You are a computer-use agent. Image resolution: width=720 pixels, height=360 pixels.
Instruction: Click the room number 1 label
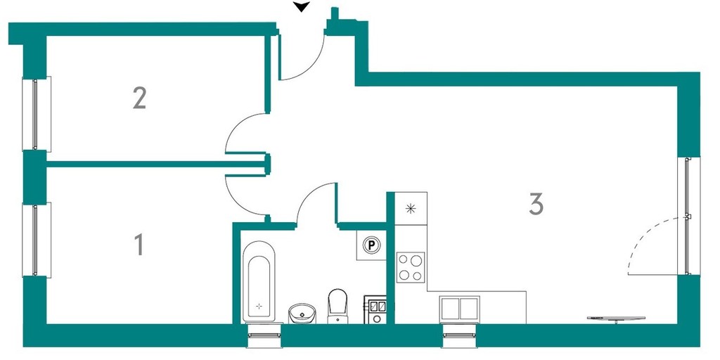pyautogui.click(x=139, y=244)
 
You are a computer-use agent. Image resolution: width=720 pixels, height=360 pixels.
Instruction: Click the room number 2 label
pyautogui.click(x=139, y=98)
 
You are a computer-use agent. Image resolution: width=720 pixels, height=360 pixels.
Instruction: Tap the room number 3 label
pyautogui.click(x=536, y=204)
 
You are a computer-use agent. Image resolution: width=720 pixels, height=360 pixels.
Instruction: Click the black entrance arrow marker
pyautogui.click(x=302, y=7)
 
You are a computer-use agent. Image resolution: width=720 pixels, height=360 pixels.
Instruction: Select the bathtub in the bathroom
pyautogui.click(x=259, y=281)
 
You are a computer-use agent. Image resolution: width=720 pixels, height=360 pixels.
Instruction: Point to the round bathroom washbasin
pyautogui.click(x=302, y=313)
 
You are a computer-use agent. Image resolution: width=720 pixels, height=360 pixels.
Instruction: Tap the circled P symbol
pyautogui.click(x=371, y=245)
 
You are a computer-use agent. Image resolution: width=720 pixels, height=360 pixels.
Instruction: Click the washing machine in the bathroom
pyautogui.click(x=376, y=310)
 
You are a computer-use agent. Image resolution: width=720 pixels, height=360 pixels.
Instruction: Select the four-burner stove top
pyautogui.click(x=411, y=267)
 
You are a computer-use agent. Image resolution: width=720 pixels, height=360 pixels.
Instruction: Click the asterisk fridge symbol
pyautogui.click(x=411, y=208)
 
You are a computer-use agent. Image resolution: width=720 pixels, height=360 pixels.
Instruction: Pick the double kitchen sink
pyautogui.click(x=459, y=309)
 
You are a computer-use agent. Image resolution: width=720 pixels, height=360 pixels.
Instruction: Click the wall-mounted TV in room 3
pyautogui.click(x=616, y=319)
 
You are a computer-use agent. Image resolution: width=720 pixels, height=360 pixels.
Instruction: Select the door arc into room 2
pyautogui.click(x=246, y=133)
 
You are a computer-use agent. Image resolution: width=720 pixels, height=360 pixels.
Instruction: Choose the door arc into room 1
pyautogui.click(x=246, y=195)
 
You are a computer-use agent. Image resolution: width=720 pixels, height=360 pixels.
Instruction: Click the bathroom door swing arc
pyautogui.click(x=317, y=203)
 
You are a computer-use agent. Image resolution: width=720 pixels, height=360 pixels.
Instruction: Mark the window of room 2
pyautogui.click(x=37, y=114)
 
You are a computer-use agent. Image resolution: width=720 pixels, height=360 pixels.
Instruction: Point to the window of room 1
pyautogui.click(x=37, y=240)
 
